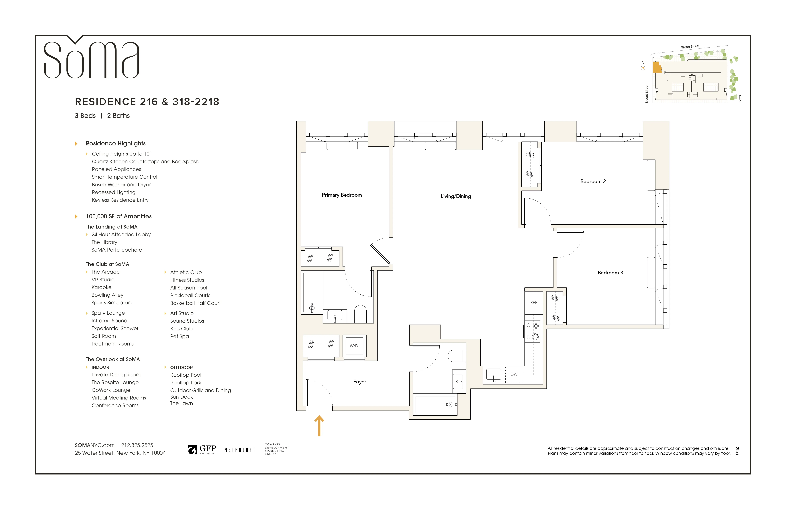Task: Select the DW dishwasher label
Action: pyautogui.click(x=514, y=374)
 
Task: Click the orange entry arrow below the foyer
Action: pyautogui.click(x=319, y=426)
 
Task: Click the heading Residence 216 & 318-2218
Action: pyautogui.click(x=147, y=102)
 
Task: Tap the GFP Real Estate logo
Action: pyautogui.click(x=202, y=449)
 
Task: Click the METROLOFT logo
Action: pyautogui.click(x=240, y=450)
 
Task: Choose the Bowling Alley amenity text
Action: pyautogui.click(x=107, y=295)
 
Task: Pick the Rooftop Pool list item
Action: pyautogui.click(x=186, y=375)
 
